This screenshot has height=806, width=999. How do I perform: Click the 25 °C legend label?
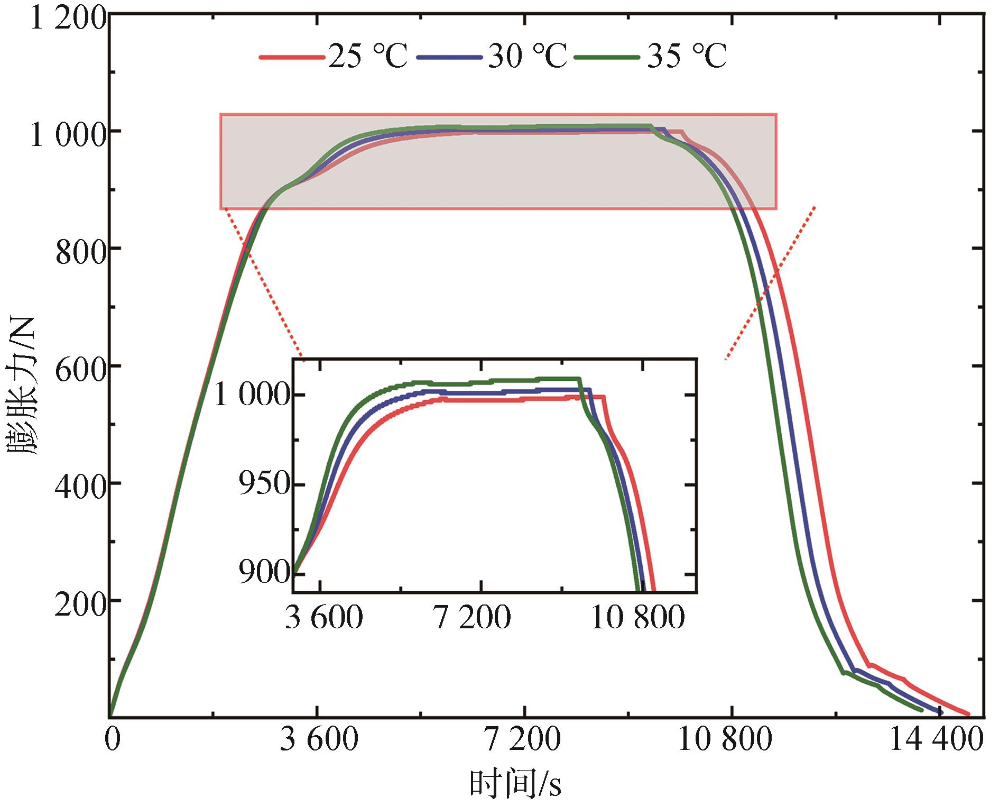(367, 56)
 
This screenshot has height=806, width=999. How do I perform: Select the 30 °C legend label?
(526, 56)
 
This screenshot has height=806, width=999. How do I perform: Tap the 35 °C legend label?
(687, 56)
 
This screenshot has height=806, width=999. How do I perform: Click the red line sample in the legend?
(291, 57)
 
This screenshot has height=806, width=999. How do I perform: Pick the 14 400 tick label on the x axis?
(936, 740)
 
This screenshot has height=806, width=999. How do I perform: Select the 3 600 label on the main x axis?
(319, 740)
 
